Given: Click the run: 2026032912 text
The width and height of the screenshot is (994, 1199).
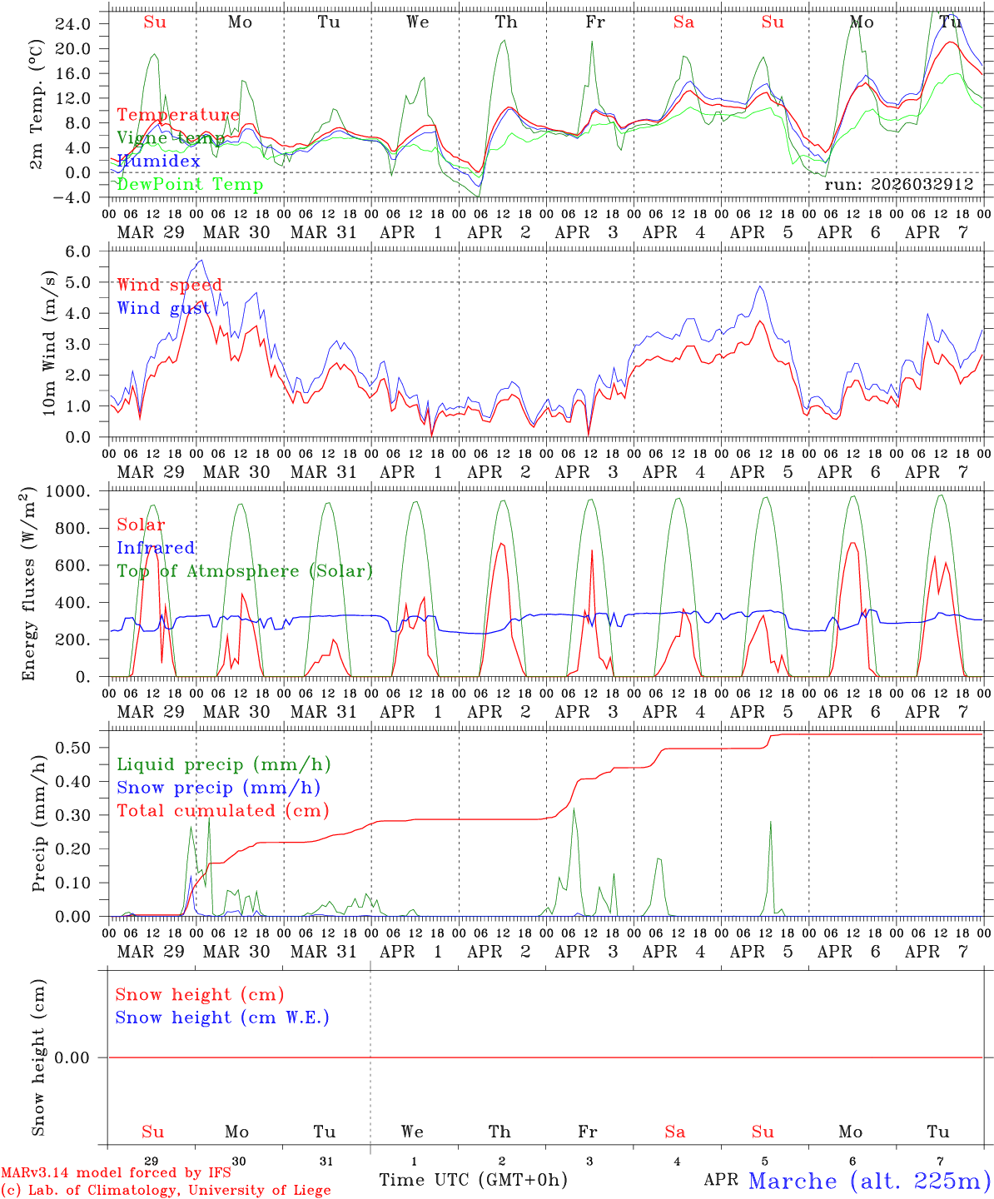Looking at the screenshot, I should pyautogui.click(x=898, y=185).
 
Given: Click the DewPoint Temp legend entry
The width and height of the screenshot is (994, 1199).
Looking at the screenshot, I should pyautogui.click(x=190, y=184).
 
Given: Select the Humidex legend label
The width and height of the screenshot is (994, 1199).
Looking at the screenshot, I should pyautogui.click(x=158, y=161).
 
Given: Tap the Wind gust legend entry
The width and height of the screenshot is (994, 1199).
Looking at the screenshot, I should pyautogui.click(x=163, y=308).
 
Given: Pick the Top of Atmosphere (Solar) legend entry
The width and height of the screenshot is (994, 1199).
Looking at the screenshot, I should pyautogui.click(x=245, y=571).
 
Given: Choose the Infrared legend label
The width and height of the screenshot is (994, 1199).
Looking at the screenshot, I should pyautogui.click(x=156, y=548).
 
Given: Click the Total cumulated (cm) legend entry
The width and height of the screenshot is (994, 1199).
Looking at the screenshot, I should pyautogui.click(x=222, y=810).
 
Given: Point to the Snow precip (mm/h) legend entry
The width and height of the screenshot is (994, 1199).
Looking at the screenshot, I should pyautogui.click(x=218, y=788).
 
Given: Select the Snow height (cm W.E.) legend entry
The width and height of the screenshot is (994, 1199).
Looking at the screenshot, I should pyautogui.click(x=222, y=1017).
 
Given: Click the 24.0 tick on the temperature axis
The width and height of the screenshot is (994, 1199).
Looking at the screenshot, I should pyautogui.click(x=74, y=24).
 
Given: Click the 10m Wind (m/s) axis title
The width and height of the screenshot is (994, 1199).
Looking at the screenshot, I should pyautogui.click(x=49, y=343).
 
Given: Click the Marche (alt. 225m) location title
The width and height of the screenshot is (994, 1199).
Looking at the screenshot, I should pyautogui.click(x=868, y=1181).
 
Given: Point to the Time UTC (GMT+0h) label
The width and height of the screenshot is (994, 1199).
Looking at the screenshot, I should pyautogui.click(x=473, y=1180).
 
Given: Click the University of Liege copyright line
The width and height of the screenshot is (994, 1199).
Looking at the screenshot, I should pyautogui.click(x=166, y=1190).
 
